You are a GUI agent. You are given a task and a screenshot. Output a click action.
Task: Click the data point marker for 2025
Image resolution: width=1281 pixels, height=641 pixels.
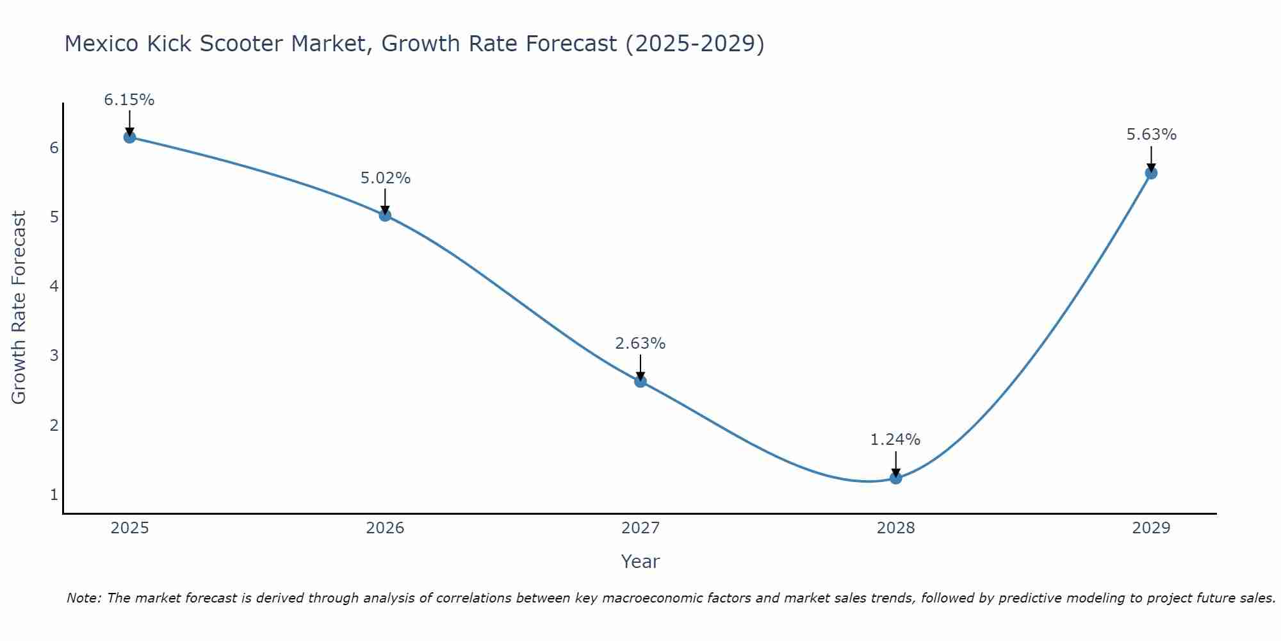[x=129, y=137]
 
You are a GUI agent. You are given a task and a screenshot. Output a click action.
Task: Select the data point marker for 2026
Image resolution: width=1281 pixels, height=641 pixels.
[x=385, y=215]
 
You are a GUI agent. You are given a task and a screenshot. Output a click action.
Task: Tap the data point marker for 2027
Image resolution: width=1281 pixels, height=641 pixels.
[x=640, y=381]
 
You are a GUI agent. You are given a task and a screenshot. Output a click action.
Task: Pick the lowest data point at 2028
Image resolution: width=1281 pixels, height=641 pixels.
[x=895, y=478]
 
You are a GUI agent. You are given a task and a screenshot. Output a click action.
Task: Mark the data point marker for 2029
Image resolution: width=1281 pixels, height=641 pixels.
[x=1151, y=173]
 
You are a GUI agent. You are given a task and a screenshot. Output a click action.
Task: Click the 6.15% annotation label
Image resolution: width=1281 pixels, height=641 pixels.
[x=129, y=100]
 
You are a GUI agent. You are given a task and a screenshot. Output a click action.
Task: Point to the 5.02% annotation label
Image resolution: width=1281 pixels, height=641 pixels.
[x=385, y=178]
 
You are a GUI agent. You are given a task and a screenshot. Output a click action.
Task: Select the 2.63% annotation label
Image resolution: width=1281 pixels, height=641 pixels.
[x=640, y=344]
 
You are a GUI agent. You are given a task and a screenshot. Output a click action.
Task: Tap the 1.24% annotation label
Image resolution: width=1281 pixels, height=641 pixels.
[x=895, y=440]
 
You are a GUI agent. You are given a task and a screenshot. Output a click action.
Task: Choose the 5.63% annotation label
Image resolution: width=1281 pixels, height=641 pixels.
[x=1151, y=135]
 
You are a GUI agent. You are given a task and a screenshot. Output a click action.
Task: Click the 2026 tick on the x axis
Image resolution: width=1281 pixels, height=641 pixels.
[x=385, y=528]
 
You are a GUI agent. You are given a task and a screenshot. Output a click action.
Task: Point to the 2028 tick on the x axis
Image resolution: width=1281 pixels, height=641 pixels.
[x=895, y=528]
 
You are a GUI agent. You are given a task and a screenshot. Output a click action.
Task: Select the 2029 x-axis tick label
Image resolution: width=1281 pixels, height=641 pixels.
[x=1151, y=528]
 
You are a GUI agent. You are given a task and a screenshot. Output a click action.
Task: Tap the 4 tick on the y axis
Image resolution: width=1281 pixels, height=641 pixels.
[x=54, y=286]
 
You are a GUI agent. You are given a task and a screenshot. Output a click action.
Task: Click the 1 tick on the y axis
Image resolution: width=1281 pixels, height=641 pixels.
[x=54, y=495]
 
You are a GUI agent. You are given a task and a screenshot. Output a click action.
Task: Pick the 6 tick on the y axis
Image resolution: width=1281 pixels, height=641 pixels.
[x=54, y=148]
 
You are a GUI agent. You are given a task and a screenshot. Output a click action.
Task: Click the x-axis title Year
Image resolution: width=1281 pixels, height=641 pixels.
[x=640, y=562]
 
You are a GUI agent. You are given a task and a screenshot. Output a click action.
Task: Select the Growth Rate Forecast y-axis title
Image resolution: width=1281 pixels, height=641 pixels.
[x=19, y=308]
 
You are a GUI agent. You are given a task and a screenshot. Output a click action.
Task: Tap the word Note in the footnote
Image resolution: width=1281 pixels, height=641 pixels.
[x=83, y=598]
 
